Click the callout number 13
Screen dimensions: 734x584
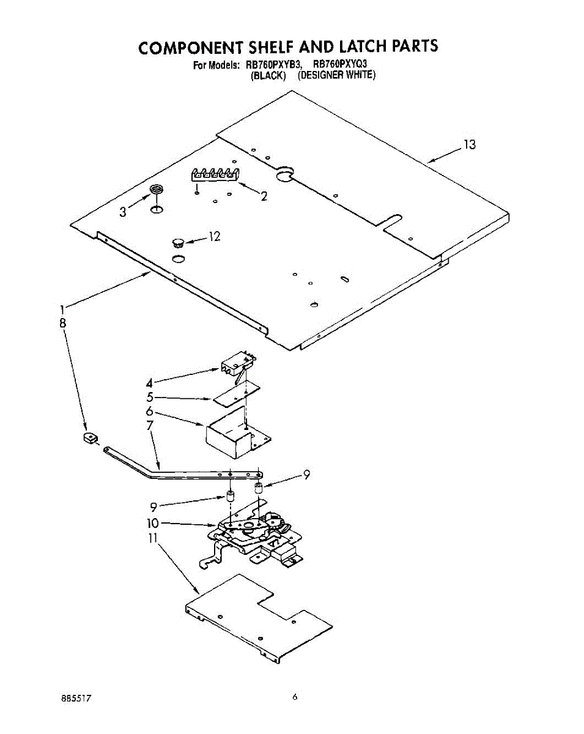coord(469,145)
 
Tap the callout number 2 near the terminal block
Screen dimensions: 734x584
coord(264,196)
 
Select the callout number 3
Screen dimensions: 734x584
coord(124,212)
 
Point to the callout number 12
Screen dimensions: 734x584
coord(214,237)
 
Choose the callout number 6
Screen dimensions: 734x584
coord(150,412)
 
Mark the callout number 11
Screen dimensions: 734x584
coord(153,538)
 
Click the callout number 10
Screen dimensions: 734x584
coord(152,524)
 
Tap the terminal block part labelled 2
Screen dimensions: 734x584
coord(213,174)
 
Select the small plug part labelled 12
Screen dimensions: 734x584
coord(178,239)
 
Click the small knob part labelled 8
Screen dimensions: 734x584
coord(91,438)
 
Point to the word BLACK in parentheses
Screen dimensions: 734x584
coord(269,75)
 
